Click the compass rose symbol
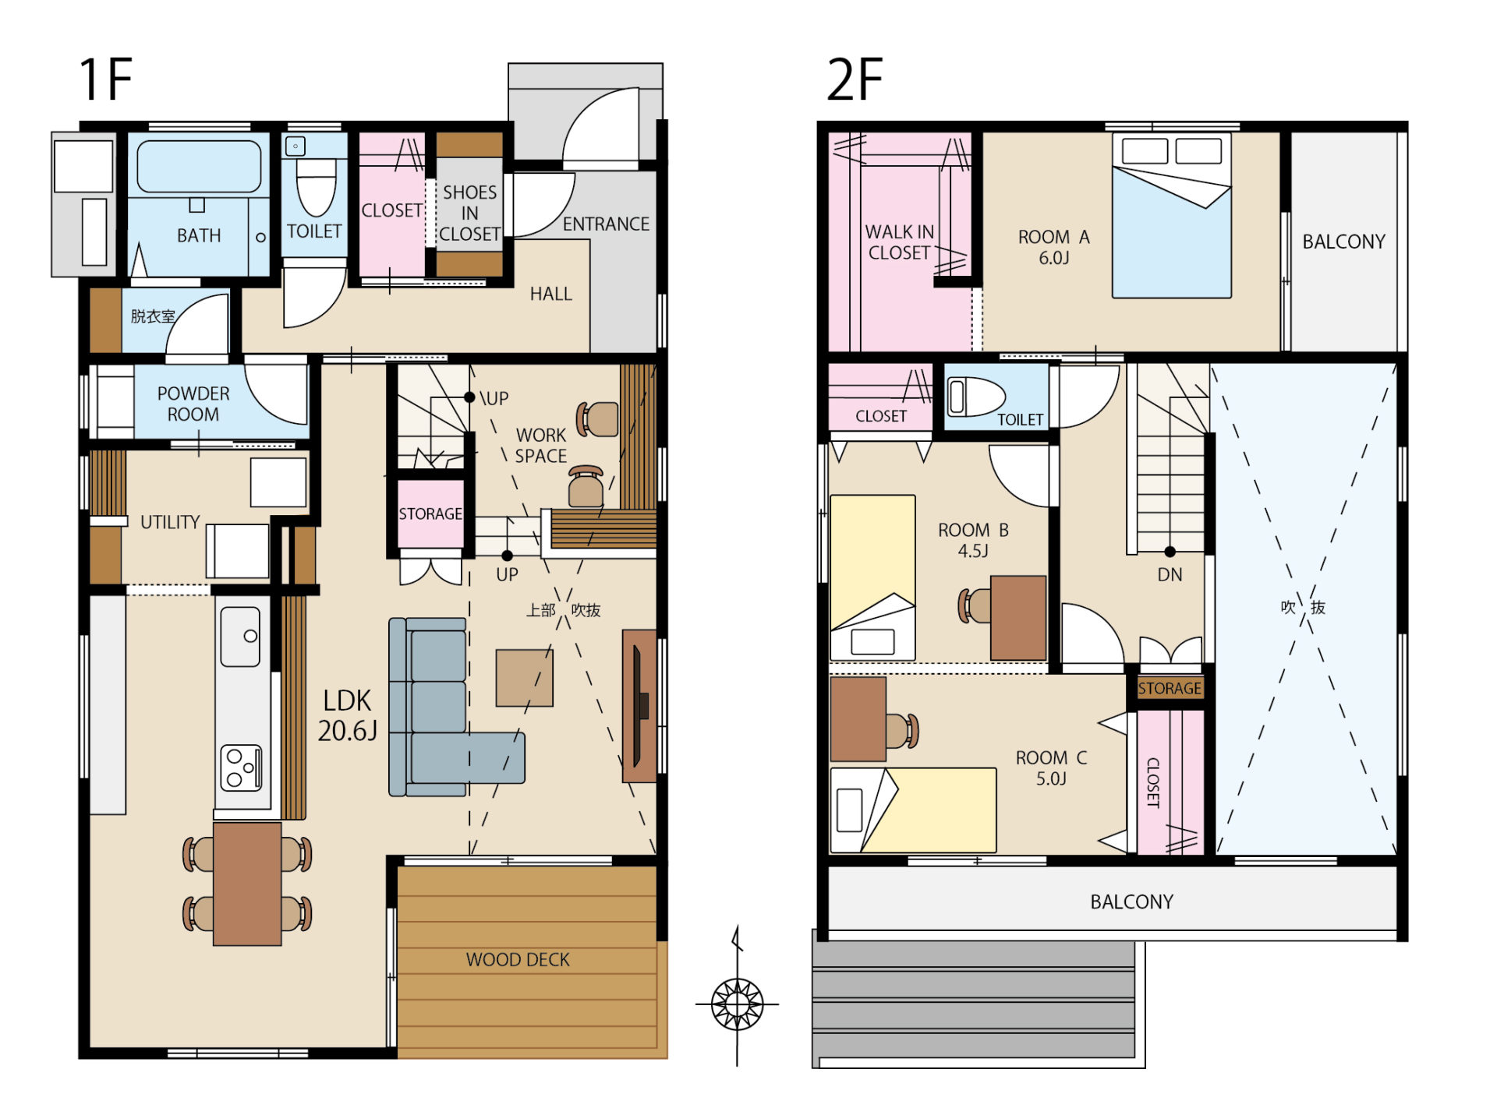(x=737, y=1004)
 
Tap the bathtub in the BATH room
(x=199, y=166)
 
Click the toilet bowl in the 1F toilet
(x=316, y=187)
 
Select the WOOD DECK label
(x=518, y=959)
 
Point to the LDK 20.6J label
(x=348, y=715)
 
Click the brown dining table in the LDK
(x=247, y=884)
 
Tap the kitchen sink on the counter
(x=240, y=637)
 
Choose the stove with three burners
(x=241, y=767)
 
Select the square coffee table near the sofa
(x=524, y=678)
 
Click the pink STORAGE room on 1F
(x=430, y=513)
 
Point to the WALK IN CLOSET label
(x=899, y=242)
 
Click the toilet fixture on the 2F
(x=976, y=397)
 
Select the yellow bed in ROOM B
(x=872, y=577)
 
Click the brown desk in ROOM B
(x=1018, y=618)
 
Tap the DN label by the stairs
(x=1170, y=575)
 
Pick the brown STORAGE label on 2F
(x=1170, y=688)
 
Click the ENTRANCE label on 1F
(x=606, y=224)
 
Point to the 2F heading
(x=855, y=79)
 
